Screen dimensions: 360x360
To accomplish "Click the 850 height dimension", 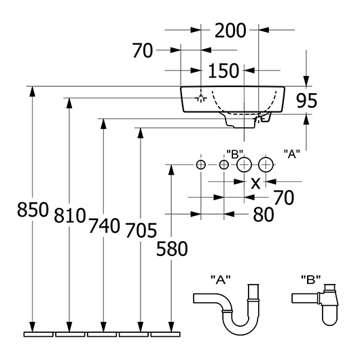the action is pyautogui.click(x=33, y=210).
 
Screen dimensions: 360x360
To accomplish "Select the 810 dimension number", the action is pyautogui.click(x=70, y=215).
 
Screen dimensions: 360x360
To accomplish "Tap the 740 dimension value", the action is pyautogui.click(x=104, y=226).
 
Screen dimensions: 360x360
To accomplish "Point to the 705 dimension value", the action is pyautogui.click(x=141, y=230).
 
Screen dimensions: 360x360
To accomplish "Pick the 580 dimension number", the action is pyautogui.click(x=172, y=249).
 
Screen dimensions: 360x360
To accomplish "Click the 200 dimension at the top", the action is pyautogui.click(x=230, y=31).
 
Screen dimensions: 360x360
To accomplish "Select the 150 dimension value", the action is pyautogui.click(x=223, y=71).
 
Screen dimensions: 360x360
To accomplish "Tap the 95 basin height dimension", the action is pyautogui.click(x=307, y=101).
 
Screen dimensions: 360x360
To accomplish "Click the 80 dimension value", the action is pyautogui.click(x=264, y=215).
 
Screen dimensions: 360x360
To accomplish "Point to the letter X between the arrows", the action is pyautogui.click(x=255, y=183).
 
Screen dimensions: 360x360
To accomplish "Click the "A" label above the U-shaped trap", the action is pyautogui.click(x=221, y=280).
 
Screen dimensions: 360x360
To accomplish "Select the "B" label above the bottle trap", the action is pyautogui.click(x=310, y=280).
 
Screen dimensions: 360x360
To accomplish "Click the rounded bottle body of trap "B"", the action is pyautogui.click(x=330, y=316).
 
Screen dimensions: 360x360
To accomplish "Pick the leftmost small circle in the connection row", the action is pyautogui.click(x=201, y=165).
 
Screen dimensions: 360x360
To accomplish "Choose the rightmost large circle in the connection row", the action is pyautogui.click(x=266, y=164).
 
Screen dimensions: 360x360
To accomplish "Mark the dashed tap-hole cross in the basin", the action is pyautogui.click(x=201, y=98).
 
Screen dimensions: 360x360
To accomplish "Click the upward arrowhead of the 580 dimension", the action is pyautogui.click(x=171, y=170).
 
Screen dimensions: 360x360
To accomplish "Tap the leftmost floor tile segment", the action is pyautogui.click(x=39, y=334).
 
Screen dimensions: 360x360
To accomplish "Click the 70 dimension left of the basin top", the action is pyautogui.click(x=143, y=51).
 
